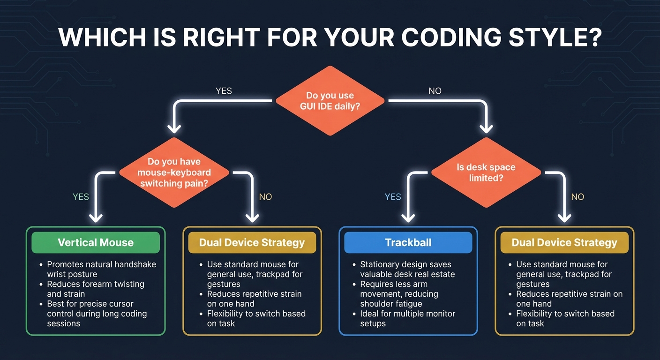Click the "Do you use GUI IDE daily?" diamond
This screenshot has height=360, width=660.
coord(330,101)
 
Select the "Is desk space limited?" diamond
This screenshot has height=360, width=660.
coord(486,172)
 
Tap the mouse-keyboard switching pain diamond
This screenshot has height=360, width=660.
coord(174,172)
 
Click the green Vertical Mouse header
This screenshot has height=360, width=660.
coord(96,243)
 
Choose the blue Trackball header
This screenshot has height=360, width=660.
coord(408,243)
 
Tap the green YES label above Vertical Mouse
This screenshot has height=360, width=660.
coord(81,197)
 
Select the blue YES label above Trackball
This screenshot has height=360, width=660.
coord(393,197)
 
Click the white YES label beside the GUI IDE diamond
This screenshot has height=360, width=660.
coord(224,91)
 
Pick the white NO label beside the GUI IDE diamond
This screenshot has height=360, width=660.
coord(435,91)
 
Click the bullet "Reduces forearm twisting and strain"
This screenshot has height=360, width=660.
coord(96,289)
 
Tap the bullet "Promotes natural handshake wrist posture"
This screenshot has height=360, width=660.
coord(101,270)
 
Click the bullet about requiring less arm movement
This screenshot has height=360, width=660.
coord(399,294)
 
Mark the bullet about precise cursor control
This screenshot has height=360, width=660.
coord(97,314)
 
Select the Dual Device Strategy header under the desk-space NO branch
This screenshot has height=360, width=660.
coord(564,243)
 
